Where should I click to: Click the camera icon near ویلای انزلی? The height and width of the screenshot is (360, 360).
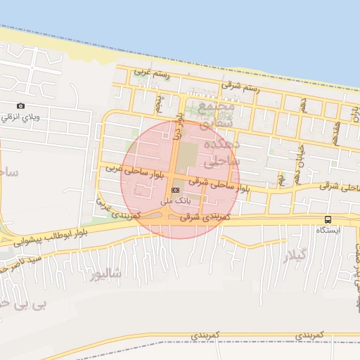click(20, 106)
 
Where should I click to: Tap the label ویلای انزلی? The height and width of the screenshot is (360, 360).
click(17, 117)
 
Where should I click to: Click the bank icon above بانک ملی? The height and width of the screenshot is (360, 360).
click(175, 190)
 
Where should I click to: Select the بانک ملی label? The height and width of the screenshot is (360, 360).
click(175, 201)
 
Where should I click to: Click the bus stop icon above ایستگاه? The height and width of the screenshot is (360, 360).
click(328, 219)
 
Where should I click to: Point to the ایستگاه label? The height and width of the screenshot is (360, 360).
click(328, 231)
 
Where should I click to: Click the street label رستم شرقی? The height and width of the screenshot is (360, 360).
click(240, 86)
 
